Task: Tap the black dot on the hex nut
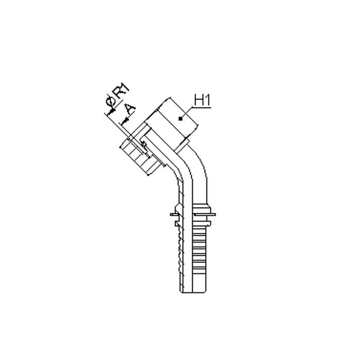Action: pyautogui.click(x=179, y=119)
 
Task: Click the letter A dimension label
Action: pyautogui.click(x=129, y=109)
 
